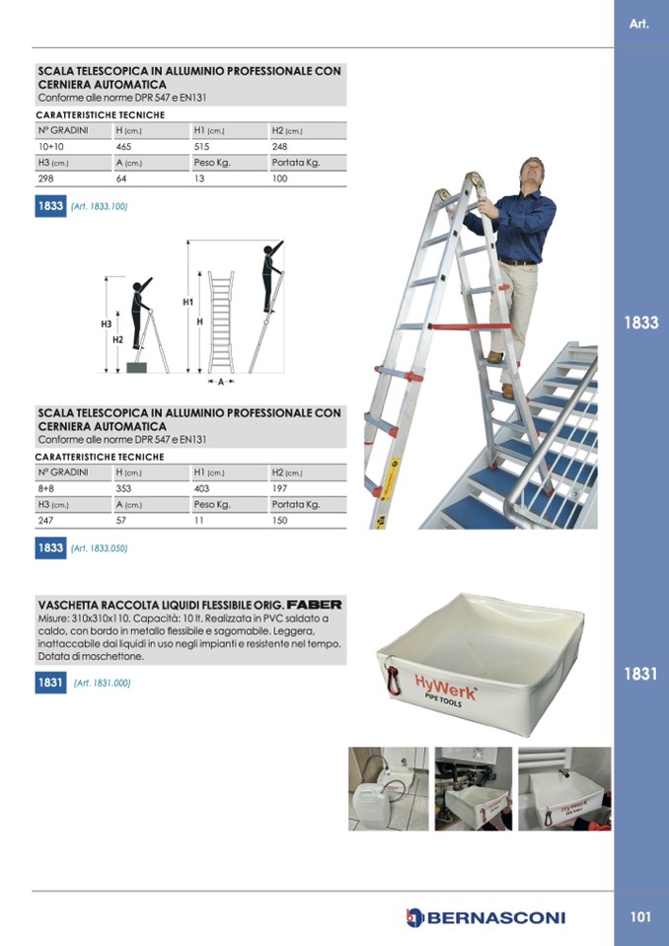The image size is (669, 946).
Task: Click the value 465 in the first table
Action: tap(123, 147)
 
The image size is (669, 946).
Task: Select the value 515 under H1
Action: tap(201, 147)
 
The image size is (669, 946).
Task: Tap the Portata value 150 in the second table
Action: tap(279, 520)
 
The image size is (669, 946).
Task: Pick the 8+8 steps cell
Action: tap(45, 488)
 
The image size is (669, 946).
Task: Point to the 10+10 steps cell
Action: tap(50, 147)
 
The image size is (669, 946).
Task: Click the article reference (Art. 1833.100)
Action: tap(99, 206)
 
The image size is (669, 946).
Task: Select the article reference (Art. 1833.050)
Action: tap(99, 548)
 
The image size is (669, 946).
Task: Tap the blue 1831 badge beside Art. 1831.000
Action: tap(50, 683)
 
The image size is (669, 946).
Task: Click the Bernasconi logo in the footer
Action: tap(485, 917)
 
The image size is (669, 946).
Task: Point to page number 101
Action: tap(640, 917)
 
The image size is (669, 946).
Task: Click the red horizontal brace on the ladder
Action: tap(470, 327)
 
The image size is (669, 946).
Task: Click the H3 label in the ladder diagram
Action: tap(107, 324)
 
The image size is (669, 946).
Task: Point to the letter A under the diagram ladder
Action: tap(221, 382)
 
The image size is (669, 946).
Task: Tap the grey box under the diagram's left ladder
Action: tap(136, 367)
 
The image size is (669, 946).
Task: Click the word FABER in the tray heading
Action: tap(315, 604)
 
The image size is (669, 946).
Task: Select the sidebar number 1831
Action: tap(640, 674)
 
